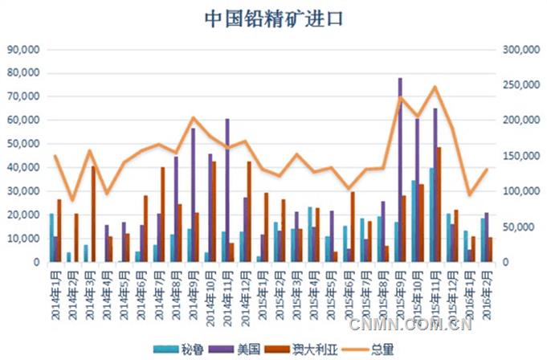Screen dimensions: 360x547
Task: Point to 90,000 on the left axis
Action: [x=23, y=49]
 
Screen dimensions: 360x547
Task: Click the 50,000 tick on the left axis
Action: [x=23, y=144]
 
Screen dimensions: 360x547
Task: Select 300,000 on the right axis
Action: [x=518, y=49]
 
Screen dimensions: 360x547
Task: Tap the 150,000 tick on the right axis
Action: [x=518, y=156]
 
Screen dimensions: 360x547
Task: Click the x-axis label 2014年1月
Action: [x=55, y=294]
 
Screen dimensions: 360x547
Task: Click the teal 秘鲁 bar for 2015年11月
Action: [x=431, y=215]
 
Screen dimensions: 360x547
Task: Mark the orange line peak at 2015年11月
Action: [x=435, y=86]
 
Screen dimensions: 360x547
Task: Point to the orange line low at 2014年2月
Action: [x=72, y=200]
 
